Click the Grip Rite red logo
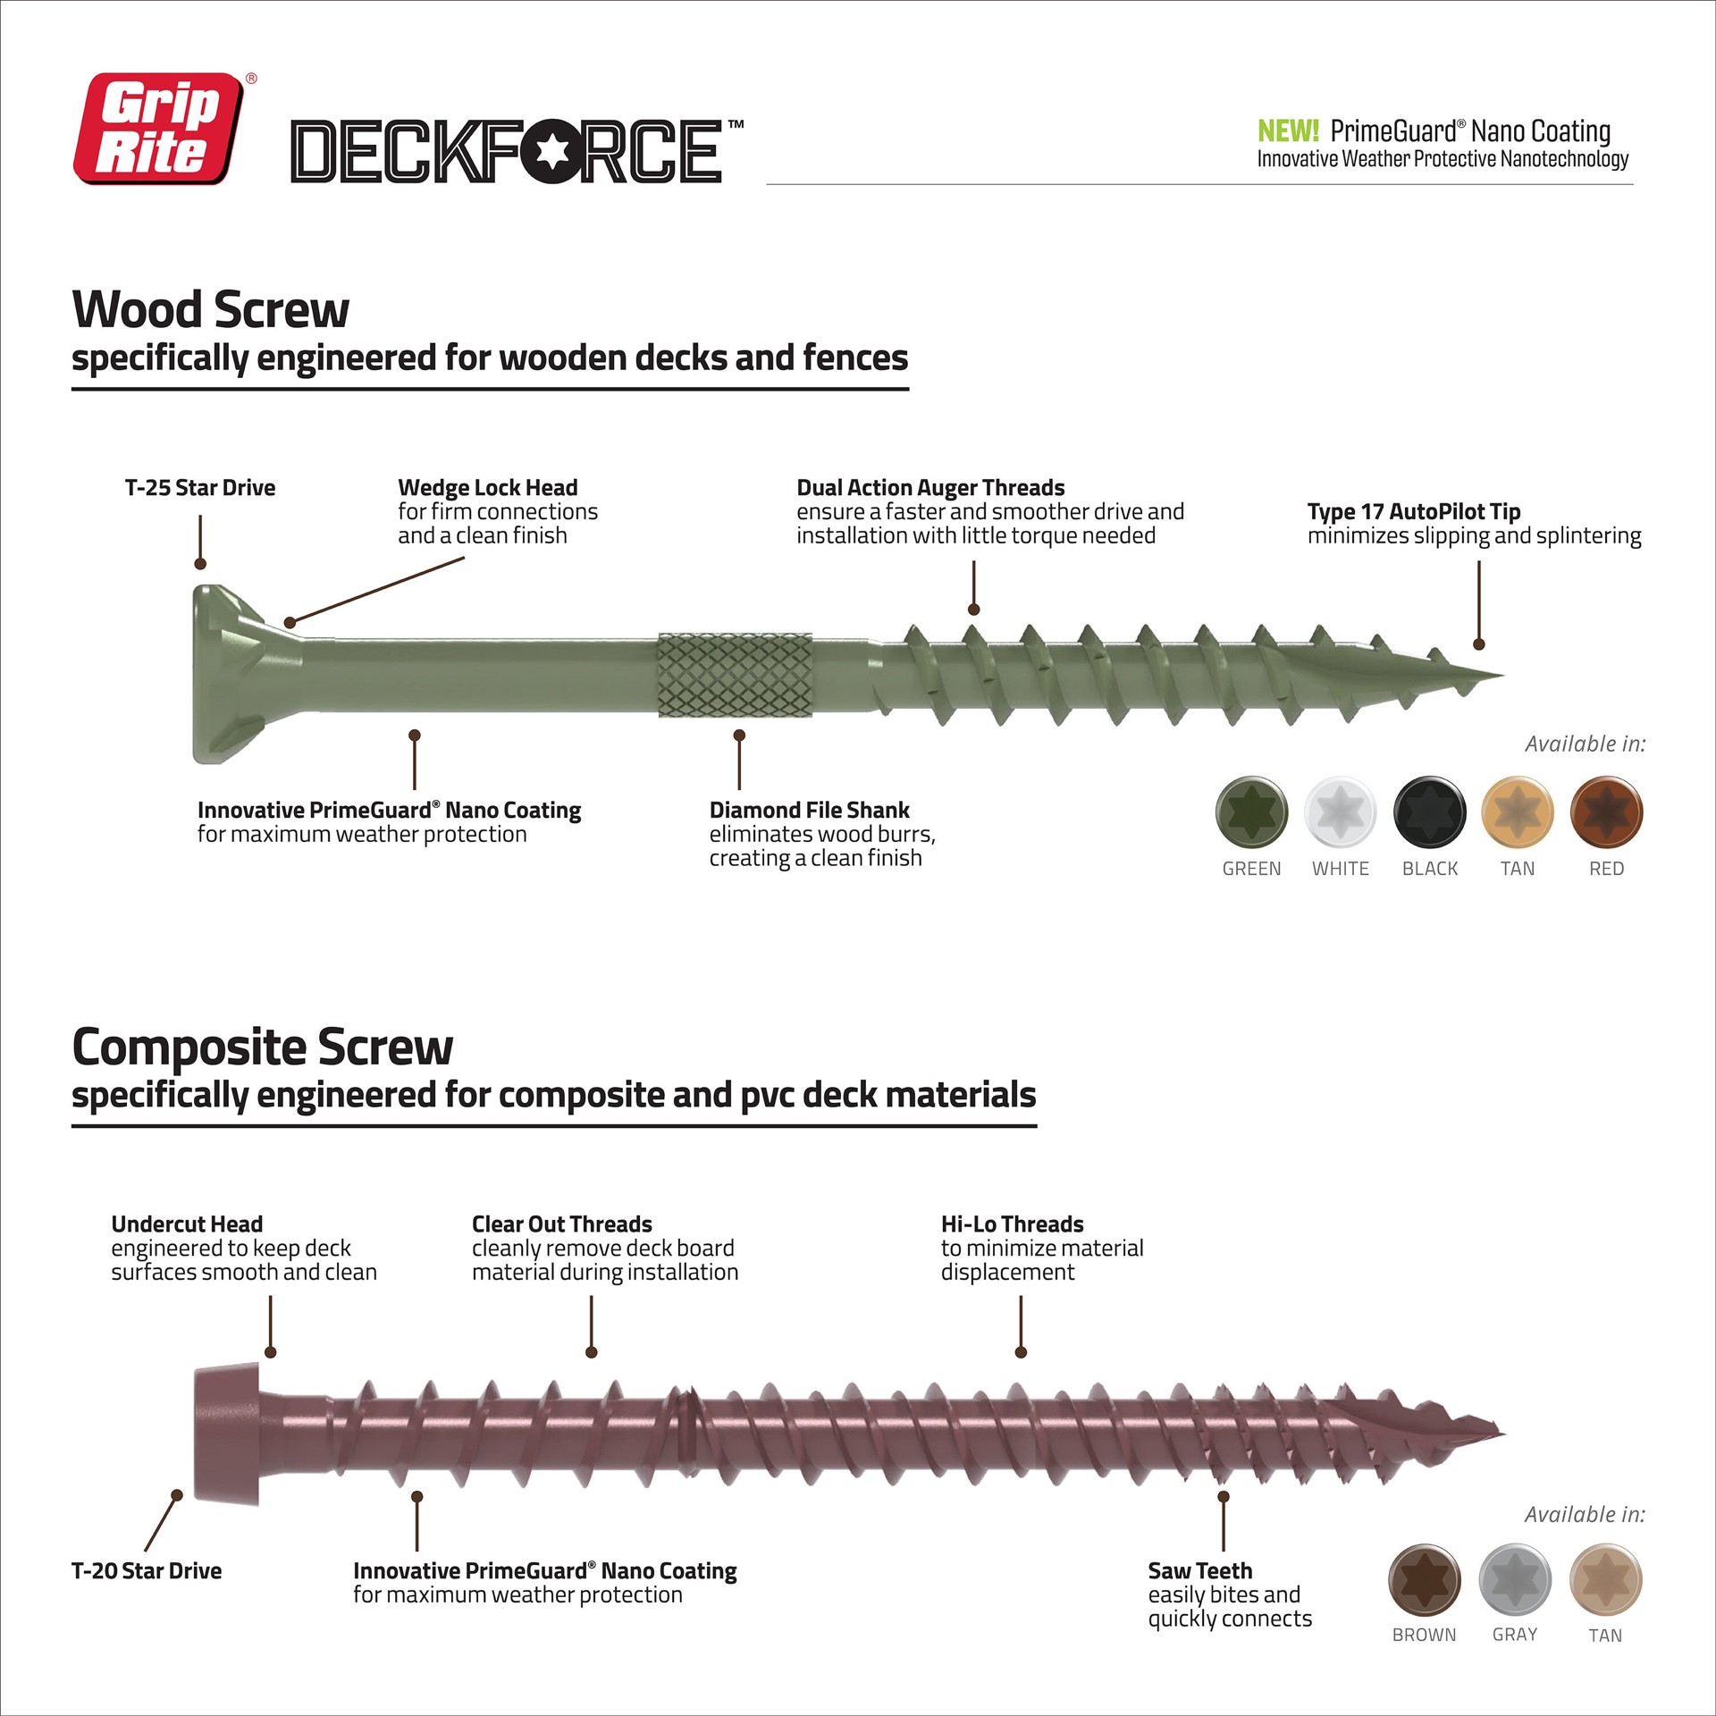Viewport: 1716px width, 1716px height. click(x=158, y=129)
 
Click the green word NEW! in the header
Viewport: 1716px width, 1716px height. click(x=1287, y=131)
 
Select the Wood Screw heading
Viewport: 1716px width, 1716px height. click(x=210, y=310)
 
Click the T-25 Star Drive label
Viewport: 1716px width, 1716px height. click(x=200, y=488)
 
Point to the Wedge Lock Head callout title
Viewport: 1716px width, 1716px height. click(x=487, y=488)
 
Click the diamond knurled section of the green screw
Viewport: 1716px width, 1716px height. click(x=736, y=675)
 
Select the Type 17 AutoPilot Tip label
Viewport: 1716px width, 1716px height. click(x=1413, y=512)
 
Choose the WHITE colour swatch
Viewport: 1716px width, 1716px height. click(x=1340, y=812)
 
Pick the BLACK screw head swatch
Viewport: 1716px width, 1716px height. click(x=1429, y=812)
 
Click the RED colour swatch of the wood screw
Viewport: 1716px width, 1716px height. click(x=1606, y=812)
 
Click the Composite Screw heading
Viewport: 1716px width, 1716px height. click(x=262, y=1047)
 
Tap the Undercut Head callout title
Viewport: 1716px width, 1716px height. click(x=187, y=1224)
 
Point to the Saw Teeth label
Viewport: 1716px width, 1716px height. click(x=1199, y=1571)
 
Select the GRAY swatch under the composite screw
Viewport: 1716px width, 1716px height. click(x=1514, y=1579)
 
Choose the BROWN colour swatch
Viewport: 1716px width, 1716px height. click(x=1424, y=1579)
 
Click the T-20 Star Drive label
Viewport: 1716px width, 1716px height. click(x=147, y=1571)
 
